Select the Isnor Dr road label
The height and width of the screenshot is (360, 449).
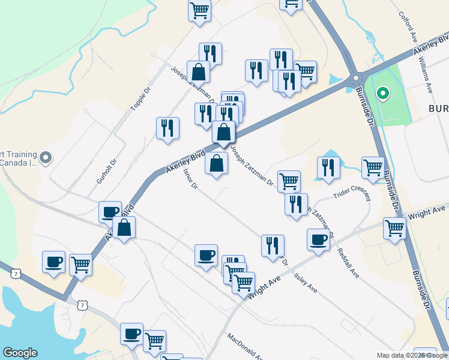[x=190, y=178]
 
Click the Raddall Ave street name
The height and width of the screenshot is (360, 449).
[x=348, y=263]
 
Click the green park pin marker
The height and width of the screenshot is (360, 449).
[x=382, y=94]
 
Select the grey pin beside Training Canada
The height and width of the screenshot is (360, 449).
[x=46, y=158]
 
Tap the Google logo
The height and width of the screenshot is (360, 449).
[x=20, y=353]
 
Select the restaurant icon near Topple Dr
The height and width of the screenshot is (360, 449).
[x=167, y=128]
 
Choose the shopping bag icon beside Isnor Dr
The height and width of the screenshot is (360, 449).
[x=216, y=163]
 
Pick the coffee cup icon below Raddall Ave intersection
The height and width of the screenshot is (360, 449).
[x=318, y=239]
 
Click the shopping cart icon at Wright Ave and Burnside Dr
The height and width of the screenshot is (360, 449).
[x=394, y=228]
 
